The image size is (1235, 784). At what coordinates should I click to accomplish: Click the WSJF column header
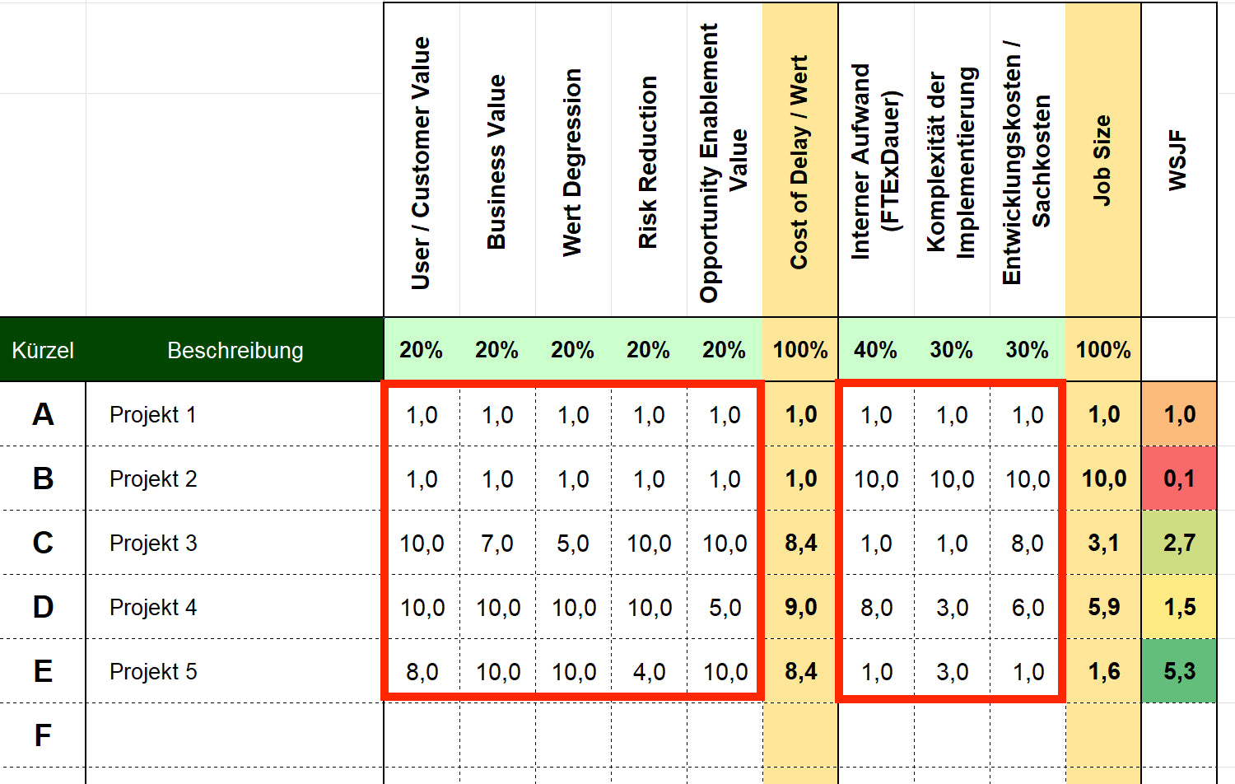(x=1178, y=160)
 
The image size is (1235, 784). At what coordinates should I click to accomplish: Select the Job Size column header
(x=1102, y=160)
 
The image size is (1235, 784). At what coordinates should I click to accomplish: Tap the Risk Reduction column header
(x=648, y=161)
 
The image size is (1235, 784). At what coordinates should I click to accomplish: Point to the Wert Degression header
(x=572, y=161)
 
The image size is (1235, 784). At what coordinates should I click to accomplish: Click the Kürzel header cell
(x=43, y=350)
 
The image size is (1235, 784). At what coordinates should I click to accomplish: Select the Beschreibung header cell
(x=235, y=350)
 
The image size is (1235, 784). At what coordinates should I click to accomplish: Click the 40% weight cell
(x=875, y=350)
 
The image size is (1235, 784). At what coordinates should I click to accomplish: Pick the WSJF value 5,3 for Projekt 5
(x=1179, y=671)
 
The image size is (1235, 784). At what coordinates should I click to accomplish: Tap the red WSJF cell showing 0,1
(x=1179, y=478)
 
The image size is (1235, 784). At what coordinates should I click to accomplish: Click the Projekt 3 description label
(x=153, y=544)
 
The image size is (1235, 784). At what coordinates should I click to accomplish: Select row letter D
(x=43, y=607)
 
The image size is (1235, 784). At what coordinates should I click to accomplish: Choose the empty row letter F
(x=43, y=735)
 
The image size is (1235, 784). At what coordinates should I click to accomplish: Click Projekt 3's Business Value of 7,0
(x=497, y=544)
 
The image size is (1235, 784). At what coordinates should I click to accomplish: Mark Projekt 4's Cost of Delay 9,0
(x=800, y=608)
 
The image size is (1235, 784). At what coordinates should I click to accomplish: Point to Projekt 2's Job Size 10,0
(x=1103, y=478)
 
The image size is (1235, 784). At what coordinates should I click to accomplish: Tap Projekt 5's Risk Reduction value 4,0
(x=649, y=672)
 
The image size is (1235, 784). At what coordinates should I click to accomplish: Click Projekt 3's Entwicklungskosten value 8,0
(x=1028, y=544)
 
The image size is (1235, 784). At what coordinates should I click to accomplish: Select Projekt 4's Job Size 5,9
(x=1103, y=608)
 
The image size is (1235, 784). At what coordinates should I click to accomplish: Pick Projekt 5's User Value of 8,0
(x=422, y=672)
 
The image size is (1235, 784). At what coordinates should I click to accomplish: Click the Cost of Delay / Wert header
(x=799, y=161)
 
